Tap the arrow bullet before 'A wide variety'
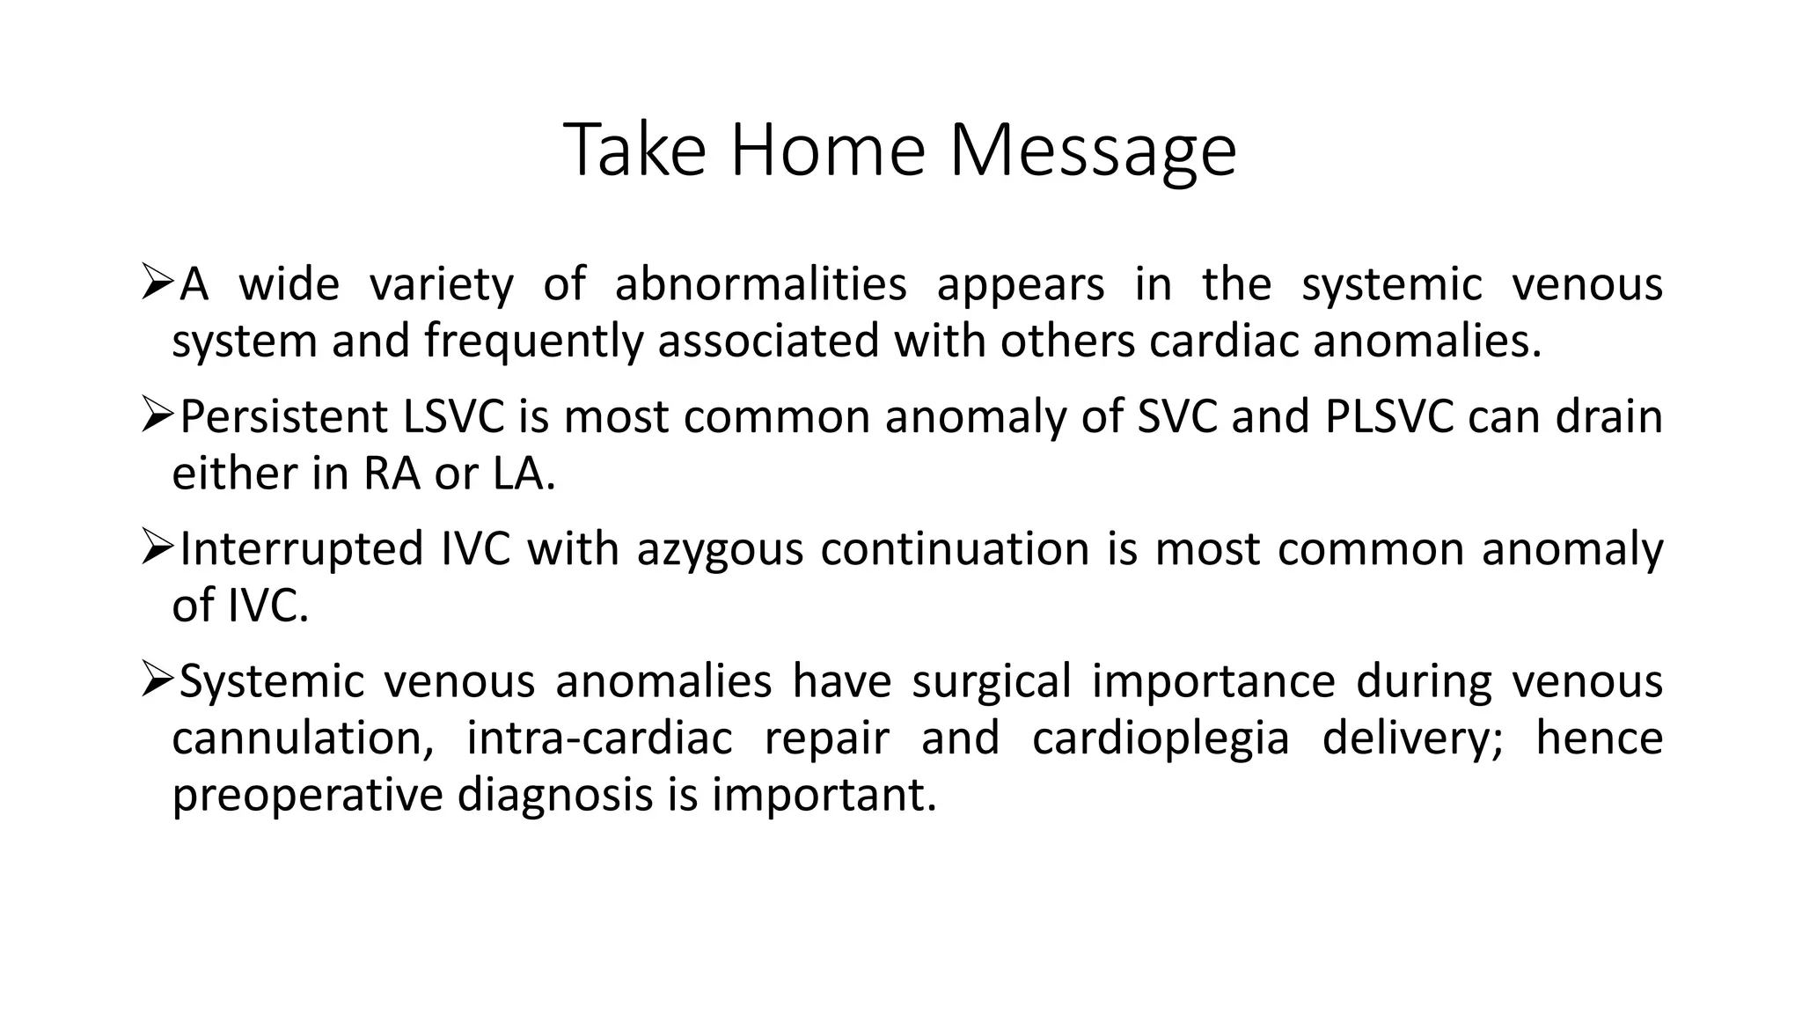(x=157, y=283)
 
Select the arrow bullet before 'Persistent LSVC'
(x=157, y=415)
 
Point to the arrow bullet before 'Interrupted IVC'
(x=157, y=547)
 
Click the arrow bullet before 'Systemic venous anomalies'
(x=157, y=680)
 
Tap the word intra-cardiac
(x=599, y=738)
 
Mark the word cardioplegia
(x=1161, y=738)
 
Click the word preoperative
(x=306, y=795)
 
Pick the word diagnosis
(x=553, y=795)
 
